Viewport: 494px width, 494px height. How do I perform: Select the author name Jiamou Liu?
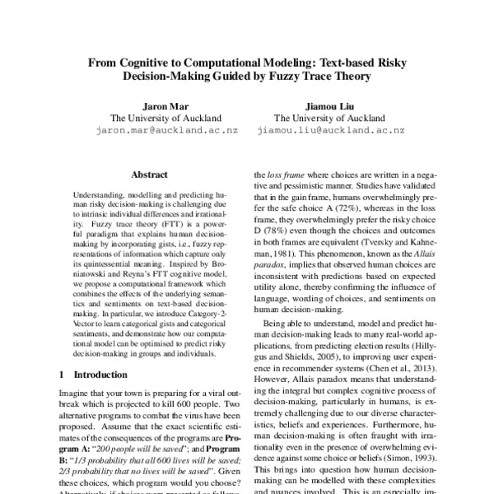(330, 105)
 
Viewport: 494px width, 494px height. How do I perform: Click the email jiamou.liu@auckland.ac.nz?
(331, 130)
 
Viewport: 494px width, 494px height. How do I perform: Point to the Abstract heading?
(149, 175)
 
